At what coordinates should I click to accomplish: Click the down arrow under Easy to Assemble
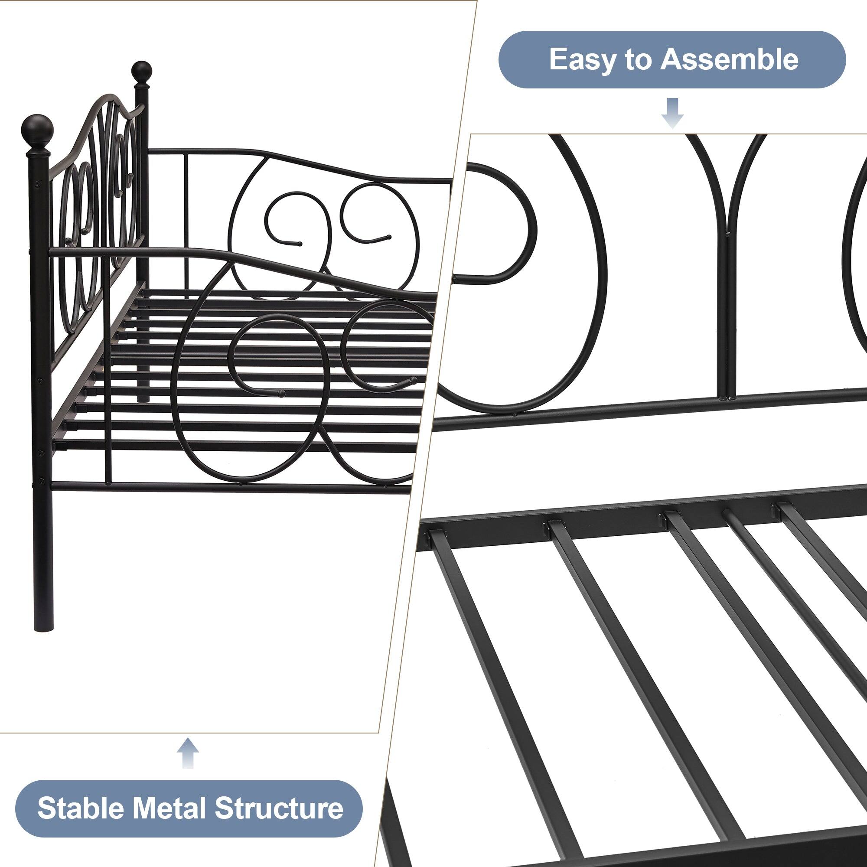coord(672,113)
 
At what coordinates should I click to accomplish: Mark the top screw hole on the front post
coord(37,183)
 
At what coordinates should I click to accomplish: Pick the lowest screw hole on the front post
coord(41,482)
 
